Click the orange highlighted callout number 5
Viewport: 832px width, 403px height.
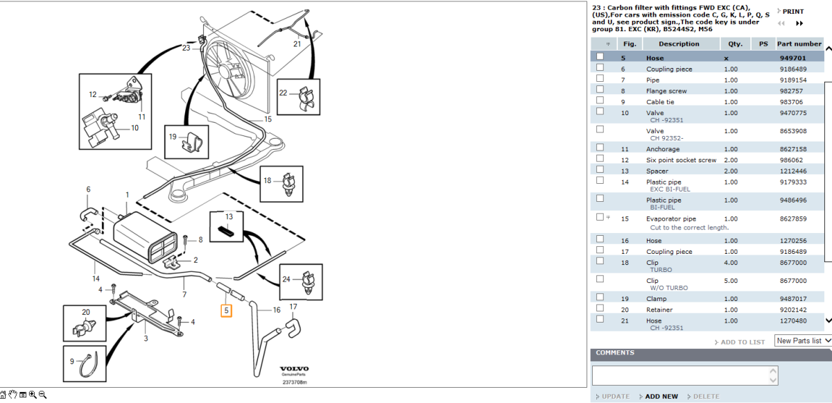[226, 311]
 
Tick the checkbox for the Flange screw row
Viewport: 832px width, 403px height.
[600, 90]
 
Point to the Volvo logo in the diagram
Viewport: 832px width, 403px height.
[294, 369]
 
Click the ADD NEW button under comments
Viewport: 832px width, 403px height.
[661, 396]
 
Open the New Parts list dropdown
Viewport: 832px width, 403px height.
[803, 341]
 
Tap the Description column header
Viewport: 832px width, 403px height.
[679, 44]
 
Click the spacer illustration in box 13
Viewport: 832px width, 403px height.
[227, 231]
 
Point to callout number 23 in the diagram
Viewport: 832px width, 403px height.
[186, 48]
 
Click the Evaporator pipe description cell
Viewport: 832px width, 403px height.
[671, 218]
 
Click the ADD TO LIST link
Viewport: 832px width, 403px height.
[742, 342]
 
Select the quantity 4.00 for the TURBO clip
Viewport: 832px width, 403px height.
[731, 263]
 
